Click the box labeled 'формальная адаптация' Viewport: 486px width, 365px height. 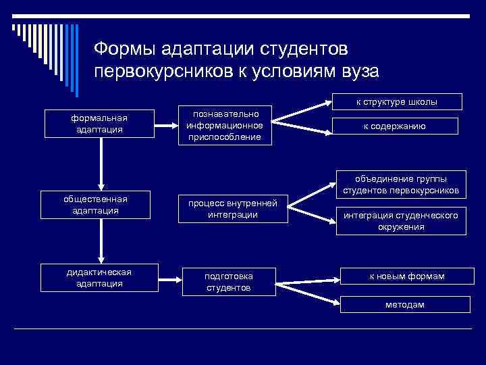(x=100, y=123)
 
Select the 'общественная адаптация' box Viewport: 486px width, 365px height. (x=100, y=204)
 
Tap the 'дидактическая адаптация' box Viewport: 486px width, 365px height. (x=100, y=278)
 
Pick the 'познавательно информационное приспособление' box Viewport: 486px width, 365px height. (x=225, y=124)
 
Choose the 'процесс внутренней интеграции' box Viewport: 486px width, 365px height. (x=233, y=209)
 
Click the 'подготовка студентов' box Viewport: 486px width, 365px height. (x=229, y=282)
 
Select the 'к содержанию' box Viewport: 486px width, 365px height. (x=395, y=126)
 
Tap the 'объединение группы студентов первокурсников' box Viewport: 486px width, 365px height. (x=401, y=185)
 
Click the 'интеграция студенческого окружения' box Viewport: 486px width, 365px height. (x=401, y=221)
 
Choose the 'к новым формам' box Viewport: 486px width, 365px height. (x=405, y=276)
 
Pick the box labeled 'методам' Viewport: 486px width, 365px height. (x=405, y=305)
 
